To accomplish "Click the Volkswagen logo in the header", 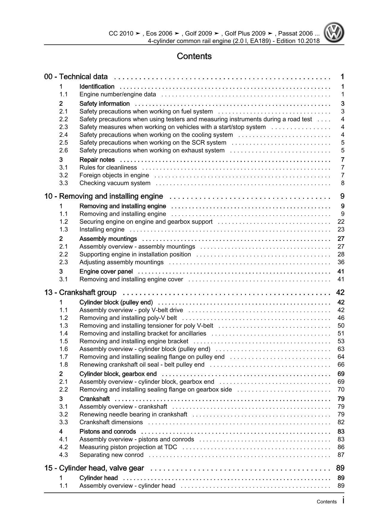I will [x=334, y=33].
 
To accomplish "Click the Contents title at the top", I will [x=194, y=56].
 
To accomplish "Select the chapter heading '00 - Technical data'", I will [x=76, y=77].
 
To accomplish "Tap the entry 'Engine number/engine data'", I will [x=118, y=94].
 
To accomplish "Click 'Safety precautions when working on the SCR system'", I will [x=153, y=143].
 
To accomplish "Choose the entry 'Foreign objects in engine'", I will [x=114, y=175].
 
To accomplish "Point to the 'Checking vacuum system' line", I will [x=115, y=183].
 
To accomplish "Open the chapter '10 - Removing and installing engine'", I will [x=104, y=196].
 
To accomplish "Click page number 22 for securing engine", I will [x=341, y=221].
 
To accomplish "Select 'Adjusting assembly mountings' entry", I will [x=121, y=262].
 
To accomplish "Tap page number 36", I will [x=341, y=262].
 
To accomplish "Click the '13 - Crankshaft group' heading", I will [x=80, y=292].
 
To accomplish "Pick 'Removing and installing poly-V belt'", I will [x=128, y=318].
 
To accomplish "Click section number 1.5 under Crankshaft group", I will [x=63, y=341].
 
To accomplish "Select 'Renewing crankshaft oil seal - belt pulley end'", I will [x=142, y=364].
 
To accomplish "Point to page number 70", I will [x=341, y=389].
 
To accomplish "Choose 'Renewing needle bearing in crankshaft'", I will [x=133, y=414].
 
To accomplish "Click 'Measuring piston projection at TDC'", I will [x=128, y=447].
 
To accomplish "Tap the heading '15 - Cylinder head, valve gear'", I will [x=94, y=468].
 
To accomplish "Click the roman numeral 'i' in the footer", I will [x=343, y=501].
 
